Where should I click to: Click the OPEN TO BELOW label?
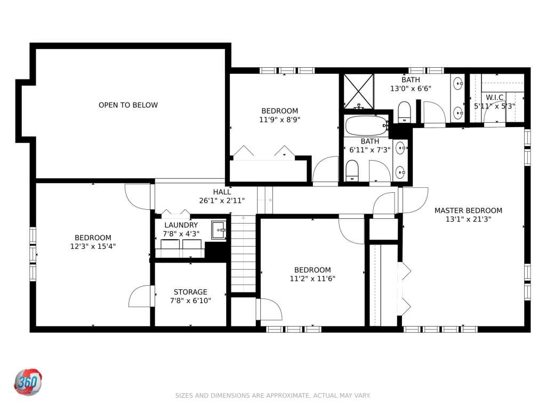(x=128, y=105)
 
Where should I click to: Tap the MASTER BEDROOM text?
(x=468, y=210)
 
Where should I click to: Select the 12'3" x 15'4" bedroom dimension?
(x=93, y=247)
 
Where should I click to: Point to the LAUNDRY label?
(x=181, y=225)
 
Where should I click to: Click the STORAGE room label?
(x=190, y=292)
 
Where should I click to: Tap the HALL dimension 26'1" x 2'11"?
(x=222, y=201)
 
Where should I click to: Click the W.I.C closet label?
(x=494, y=97)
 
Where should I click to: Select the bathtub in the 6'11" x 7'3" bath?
(x=367, y=125)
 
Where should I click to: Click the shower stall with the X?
(x=359, y=91)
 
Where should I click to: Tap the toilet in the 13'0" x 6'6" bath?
(x=404, y=112)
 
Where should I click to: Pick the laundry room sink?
(x=219, y=230)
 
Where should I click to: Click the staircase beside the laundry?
(x=243, y=254)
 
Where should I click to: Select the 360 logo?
(x=28, y=382)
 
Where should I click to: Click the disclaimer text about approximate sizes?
(x=272, y=396)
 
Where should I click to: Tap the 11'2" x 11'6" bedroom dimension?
(x=312, y=279)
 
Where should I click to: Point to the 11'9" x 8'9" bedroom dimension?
(x=279, y=120)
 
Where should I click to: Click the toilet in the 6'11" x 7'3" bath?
(x=352, y=170)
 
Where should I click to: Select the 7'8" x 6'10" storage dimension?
(x=190, y=301)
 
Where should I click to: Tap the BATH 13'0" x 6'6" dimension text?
(x=411, y=89)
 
